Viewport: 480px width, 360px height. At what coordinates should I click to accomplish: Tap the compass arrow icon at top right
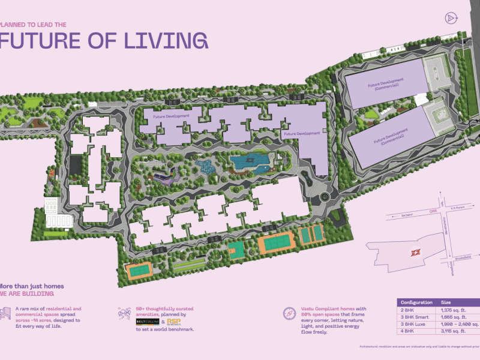[451, 18]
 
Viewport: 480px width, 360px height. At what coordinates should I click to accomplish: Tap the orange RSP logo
[175, 322]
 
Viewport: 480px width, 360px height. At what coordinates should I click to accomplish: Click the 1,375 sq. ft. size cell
[454, 311]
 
